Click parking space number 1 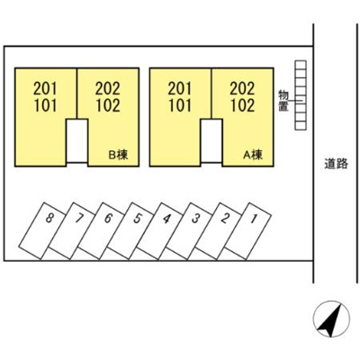pyautogui.click(x=248, y=231)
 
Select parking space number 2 pyautogui.click(x=219, y=231)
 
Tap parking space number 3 pyautogui.click(x=190, y=231)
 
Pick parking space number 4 pyautogui.click(x=160, y=231)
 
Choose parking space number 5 pyautogui.click(x=131, y=231)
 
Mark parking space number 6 pyautogui.click(x=102, y=231)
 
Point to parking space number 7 pyautogui.click(x=73, y=231)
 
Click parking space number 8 pyautogui.click(x=44, y=231)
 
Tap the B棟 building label pyautogui.click(x=118, y=155)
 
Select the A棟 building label pyautogui.click(x=253, y=155)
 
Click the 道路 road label pyautogui.click(x=336, y=164)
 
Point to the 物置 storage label pyautogui.click(x=283, y=101)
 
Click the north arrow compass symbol pyautogui.click(x=331, y=319)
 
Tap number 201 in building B pyautogui.click(x=45, y=88)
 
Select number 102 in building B pyautogui.click(x=108, y=105)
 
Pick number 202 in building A pyautogui.click(x=242, y=88)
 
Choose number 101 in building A pyautogui.click(x=179, y=105)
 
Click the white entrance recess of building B pyautogui.click(x=76, y=140)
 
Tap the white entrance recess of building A pyautogui.click(x=211, y=140)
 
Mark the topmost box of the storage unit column pyautogui.click(x=301, y=65)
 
